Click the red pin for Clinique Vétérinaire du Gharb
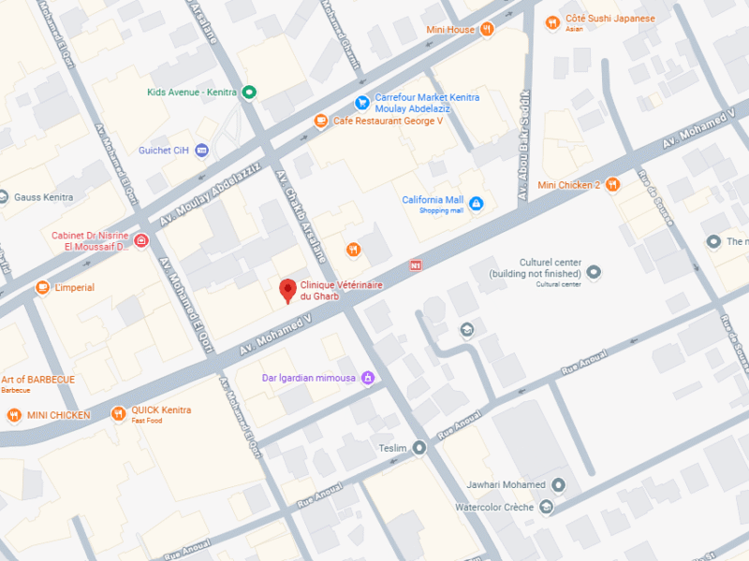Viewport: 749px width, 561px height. tap(288, 290)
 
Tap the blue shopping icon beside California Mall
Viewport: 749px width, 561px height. tap(476, 204)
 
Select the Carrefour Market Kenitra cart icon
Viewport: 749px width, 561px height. tap(361, 103)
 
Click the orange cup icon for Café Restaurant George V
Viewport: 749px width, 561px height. tap(321, 121)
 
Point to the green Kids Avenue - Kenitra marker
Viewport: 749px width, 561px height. tap(249, 92)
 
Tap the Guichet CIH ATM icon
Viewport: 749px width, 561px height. tap(201, 151)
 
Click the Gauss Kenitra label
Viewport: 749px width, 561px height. tap(43, 197)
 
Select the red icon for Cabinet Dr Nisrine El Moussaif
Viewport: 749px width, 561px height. tap(140, 241)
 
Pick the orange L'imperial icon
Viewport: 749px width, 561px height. tap(42, 288)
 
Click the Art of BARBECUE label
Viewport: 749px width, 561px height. tap(37, 380)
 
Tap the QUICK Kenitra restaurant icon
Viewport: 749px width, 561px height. tap(118, 413)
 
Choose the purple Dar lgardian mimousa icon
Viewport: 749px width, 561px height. tap(368, 378)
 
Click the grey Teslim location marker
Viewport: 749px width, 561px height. tap(419, 448)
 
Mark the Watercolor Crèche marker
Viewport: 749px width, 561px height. tap(545, 507)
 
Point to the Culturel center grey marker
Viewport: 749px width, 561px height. tap(594, 272)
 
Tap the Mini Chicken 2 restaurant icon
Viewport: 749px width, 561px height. tap(612, 184)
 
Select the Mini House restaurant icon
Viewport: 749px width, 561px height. tap(487, 30)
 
